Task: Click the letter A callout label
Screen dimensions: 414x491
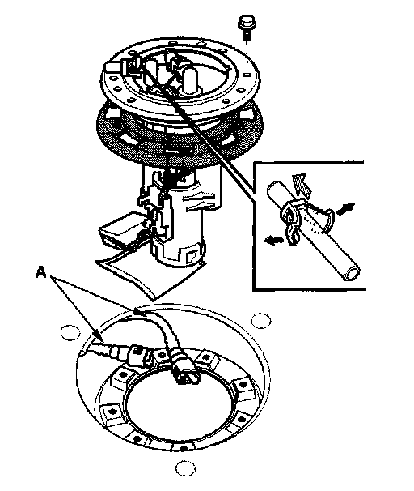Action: [x=41, y=272]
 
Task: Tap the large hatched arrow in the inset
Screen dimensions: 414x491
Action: [x=302, y=186]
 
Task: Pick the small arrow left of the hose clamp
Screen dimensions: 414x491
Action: [x=273, y=240]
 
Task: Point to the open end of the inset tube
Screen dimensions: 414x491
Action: [x=352, y=273]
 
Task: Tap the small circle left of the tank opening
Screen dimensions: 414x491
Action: [x=70, y=332]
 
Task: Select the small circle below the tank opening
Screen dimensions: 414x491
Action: [x=185, y=468]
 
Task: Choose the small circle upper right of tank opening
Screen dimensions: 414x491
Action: [x=261, y=320]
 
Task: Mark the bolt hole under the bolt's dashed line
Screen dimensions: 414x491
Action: [x=247, y=75]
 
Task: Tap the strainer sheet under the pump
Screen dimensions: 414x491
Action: [x=150, y=275]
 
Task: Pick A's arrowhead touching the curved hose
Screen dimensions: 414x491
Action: [x=137, y=311]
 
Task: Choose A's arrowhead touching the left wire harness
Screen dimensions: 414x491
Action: [x=98, y=335]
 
